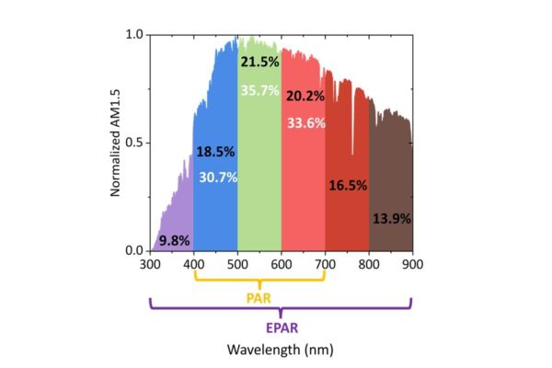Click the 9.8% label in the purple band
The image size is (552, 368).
point(174,240)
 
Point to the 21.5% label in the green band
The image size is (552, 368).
point(259,62)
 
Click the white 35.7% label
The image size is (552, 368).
point(259,90)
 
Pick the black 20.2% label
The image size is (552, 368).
point(305,96)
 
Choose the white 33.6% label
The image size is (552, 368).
point(305,123)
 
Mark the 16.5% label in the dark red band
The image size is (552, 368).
point(348,185)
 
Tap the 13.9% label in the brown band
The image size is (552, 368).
point(391,219)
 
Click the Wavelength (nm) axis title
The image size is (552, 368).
point(282,350)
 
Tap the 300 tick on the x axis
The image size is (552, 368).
point(151,264)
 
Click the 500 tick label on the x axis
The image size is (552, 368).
point(237,264)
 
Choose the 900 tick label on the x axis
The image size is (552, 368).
point(412,264)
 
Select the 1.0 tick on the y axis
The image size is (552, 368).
point(134,35)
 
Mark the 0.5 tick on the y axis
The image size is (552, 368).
point(134,143)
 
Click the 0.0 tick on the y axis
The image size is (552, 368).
point(134,250)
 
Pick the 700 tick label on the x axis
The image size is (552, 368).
point(325,264)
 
